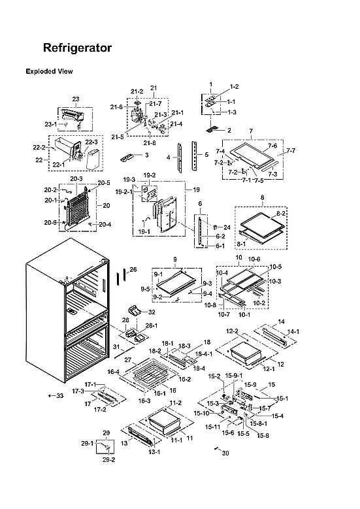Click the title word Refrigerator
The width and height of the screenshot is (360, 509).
coord(77,48)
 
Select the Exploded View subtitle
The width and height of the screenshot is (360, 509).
coord(49,71)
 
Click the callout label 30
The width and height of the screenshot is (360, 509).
coord(226,453)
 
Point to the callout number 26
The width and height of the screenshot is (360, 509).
coord(133,269)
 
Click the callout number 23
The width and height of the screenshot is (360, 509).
coord(76,99)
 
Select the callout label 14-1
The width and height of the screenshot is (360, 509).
coord(293,332)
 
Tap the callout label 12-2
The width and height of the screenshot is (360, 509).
coord(232,331)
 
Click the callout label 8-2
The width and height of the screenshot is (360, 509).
coord(282,213)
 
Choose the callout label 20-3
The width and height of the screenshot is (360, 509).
coord(76,178)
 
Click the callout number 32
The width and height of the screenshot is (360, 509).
coord(152,312)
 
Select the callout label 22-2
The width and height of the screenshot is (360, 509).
coord(39,148)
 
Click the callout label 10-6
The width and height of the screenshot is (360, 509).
coord(254,259)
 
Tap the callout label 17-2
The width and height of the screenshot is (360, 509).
coord(100,410)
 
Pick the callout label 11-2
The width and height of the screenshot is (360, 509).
coord(175,403)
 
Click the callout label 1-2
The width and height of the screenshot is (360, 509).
coord(234,87)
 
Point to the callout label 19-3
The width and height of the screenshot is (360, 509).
coord(129,179)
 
